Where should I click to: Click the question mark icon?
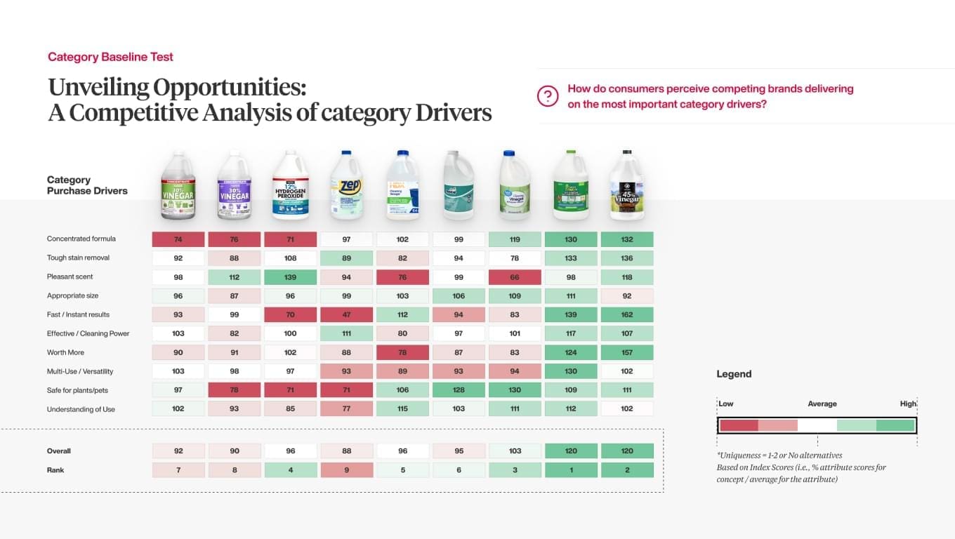pyautogui.click(x=548, y=96)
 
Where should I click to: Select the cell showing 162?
pyautogui.click(x=627, y=314)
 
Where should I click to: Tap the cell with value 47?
pyautogui.click(x=346, y=314)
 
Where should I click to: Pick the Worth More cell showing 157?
pyautogui.click(x=627, y=352)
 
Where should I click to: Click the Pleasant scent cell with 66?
pyautogui.click(x=515, y=277)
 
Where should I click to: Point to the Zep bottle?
pyautogui.click(x=346, y=185)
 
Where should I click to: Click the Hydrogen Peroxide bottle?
pyautogui.click(x=290, y=185)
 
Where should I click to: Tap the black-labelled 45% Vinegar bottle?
pyautogui.click(x=627, y=185)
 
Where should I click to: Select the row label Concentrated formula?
pyautogui.click(x=81, y=239)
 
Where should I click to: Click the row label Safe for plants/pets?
pyautogui.click(x=77, y=390)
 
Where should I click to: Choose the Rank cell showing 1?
pyautogui.click(x=571, y=470)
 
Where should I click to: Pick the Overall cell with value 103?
pyautogui.click(x=515, y=451)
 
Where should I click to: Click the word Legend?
pyautogui.click(x=734, y=374)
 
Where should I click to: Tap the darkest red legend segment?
pyautogui.click(x=739, y=425)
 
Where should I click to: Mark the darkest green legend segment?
pyautogui.click(x=895, y=425)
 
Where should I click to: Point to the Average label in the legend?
pyautogui.click(x=822, y=404)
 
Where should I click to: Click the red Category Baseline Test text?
pyautogui.click(x=110, y=57)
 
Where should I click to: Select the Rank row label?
pyautogui.click(x=55, y=470)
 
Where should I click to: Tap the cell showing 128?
pyautogui.click(x=459, y=390)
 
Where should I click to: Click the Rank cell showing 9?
pyautogui.click(x=346, y=470)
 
